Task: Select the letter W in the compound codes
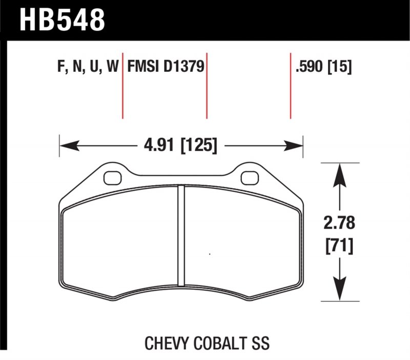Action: click(x=112, y=67)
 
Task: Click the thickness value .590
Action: click(x=309, y=67)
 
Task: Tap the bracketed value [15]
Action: click(x=340, y=67)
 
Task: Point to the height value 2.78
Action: click(x=339, y=224)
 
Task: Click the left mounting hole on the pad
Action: click(x=111, y=178)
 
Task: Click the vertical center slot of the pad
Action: click(x=180, y=236)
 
